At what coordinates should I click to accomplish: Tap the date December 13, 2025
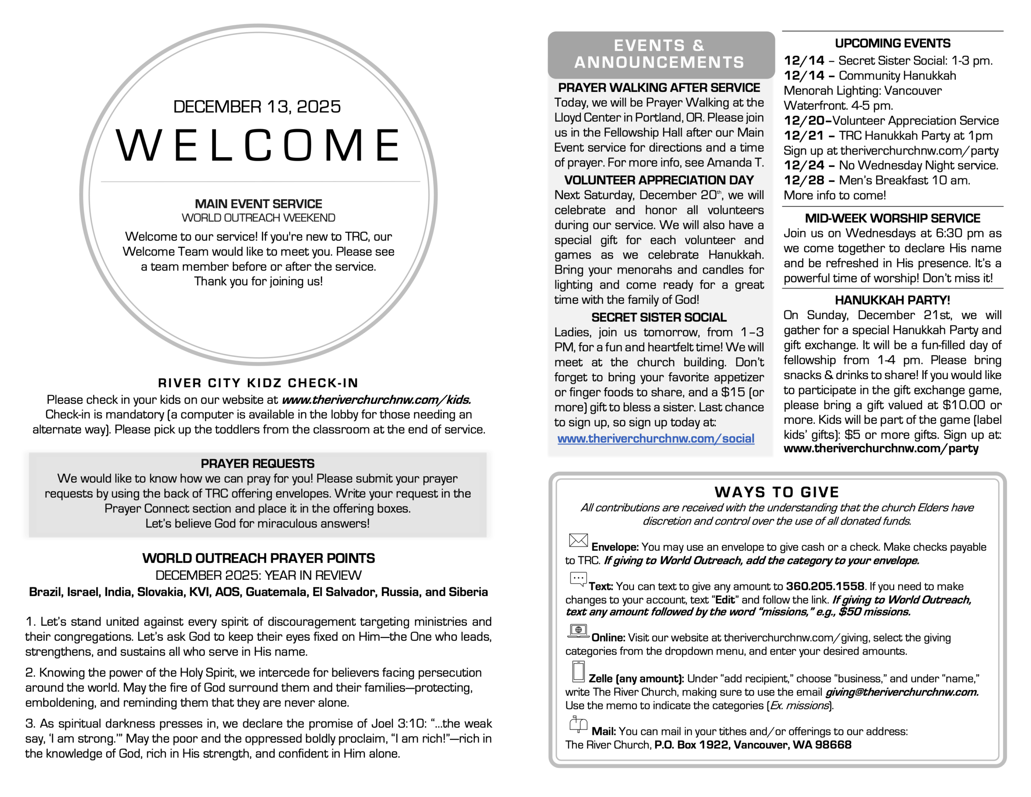pos(257,107)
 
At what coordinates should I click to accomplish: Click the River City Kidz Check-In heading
pos(258,383)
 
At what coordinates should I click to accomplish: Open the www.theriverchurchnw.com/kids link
pos(376,400)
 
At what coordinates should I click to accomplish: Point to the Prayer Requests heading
pos(257,463)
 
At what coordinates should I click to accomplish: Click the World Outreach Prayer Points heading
pos(258,558)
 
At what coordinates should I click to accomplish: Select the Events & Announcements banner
pos(660,54)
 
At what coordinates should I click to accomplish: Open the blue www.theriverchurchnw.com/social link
pos(656,438)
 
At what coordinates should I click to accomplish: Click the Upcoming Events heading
pos(892,44)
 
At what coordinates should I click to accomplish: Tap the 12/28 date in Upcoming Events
pos(804,181)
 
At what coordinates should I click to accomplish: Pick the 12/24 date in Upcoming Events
pos(804,165)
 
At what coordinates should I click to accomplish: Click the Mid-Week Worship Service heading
pos(892,218)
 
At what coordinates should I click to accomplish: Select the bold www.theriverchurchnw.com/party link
pos(881,448)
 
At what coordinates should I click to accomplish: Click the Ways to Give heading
pos(776,492)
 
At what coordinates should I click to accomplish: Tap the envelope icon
pos(578,540)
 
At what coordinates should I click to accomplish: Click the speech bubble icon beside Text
pos(578,579)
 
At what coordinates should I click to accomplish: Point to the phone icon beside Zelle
pos(578,671)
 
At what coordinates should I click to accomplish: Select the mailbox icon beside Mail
pos(578,724)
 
